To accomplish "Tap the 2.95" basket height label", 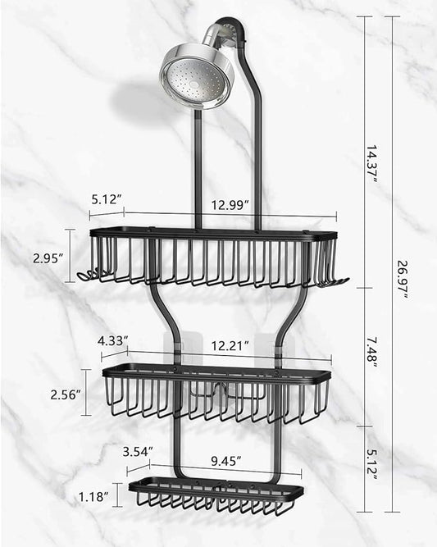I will pos(48,258).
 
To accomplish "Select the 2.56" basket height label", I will pos(65,394).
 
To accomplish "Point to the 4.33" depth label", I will pos(112,340).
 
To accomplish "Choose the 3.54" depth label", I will pos(137,451).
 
